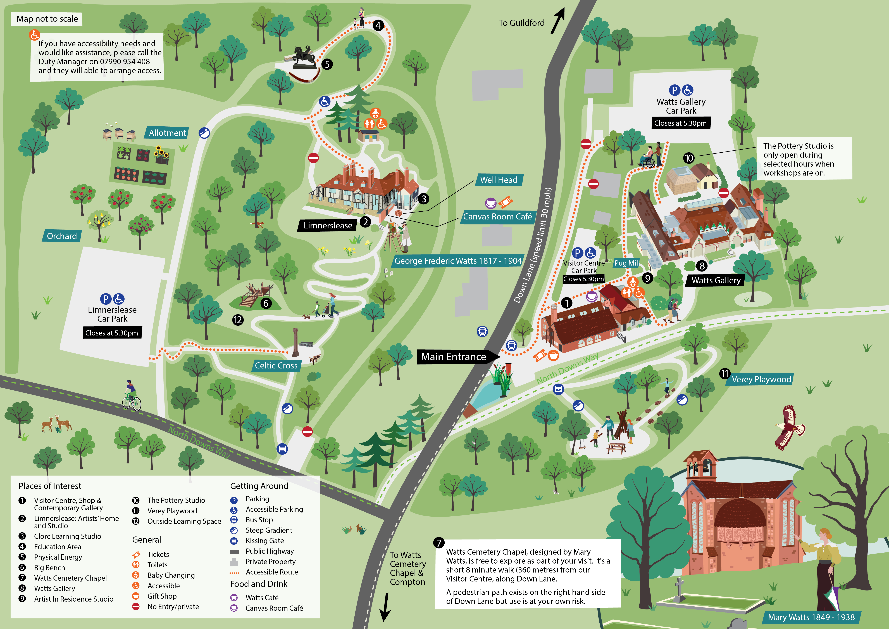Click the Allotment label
(167, 133)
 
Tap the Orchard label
(62, 236)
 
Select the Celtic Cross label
(276, 365)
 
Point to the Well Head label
(499, 180)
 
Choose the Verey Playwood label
(761, 379)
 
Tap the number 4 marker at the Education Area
(378, 26)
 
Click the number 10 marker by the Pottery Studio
(688, 158)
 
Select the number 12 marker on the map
(238, 320)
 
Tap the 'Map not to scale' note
(47, 19)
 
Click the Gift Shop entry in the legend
(162, 596)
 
